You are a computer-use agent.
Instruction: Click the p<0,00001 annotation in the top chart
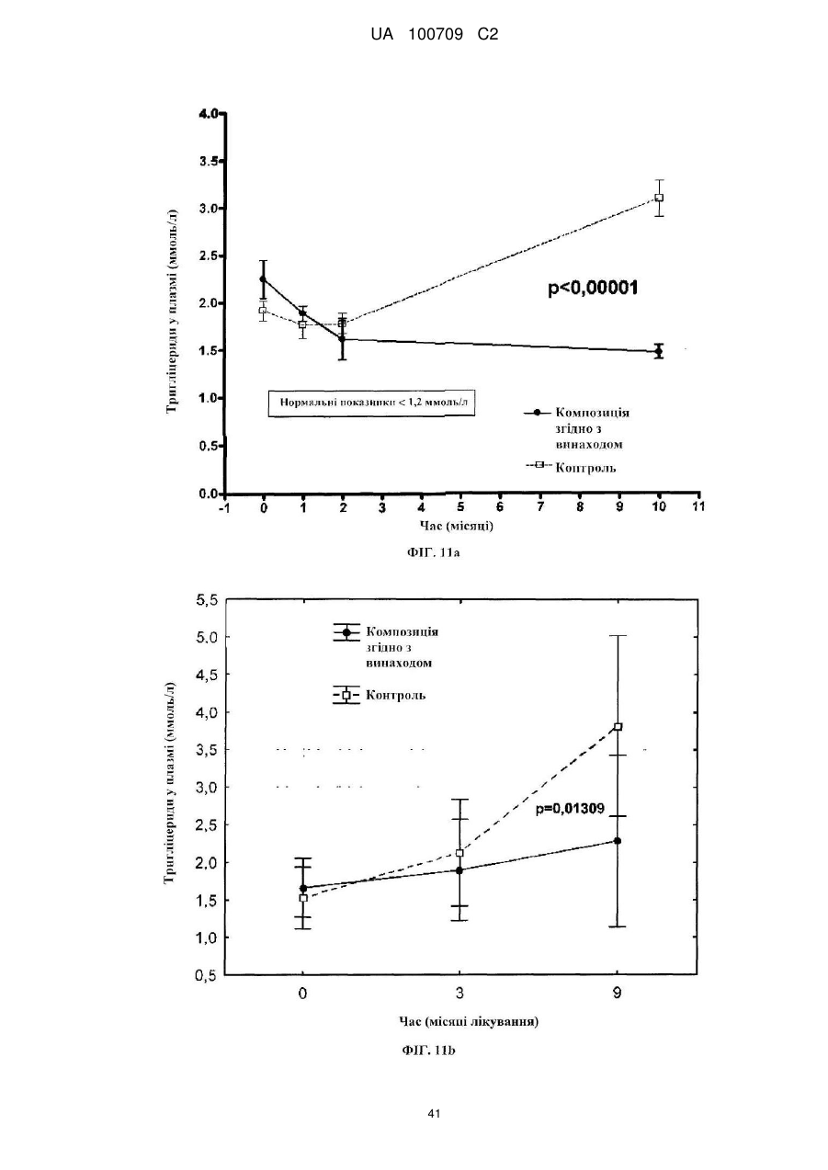click(593, 288)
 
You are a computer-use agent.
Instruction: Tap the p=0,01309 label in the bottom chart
click(571, 809)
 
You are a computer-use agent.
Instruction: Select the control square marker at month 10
click(659, 198)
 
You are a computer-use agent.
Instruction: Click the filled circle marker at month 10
click(659, 351)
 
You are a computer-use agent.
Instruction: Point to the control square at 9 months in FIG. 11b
click(618, 727)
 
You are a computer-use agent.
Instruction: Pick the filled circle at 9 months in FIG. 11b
click(618, 841)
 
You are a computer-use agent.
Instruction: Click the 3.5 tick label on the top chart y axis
click(209, 161)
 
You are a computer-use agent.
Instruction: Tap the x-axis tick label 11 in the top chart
click(698, 506)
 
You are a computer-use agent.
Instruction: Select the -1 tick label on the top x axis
click(224, 507)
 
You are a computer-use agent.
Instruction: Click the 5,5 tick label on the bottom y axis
click(206, 601)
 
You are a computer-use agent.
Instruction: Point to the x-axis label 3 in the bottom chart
click(459, 993)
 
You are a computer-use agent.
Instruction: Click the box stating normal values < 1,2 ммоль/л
click(371, 403)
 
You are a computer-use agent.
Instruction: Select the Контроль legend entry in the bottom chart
click(380, 695)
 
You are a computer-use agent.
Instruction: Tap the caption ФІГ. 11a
click(433, 552)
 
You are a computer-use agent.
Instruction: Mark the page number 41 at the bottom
click(434, 1113)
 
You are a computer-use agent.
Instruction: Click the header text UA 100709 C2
click(434, 35)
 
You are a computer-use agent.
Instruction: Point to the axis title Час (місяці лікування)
click(469, 1021)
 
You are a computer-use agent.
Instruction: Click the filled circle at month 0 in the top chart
click(264, 279)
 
